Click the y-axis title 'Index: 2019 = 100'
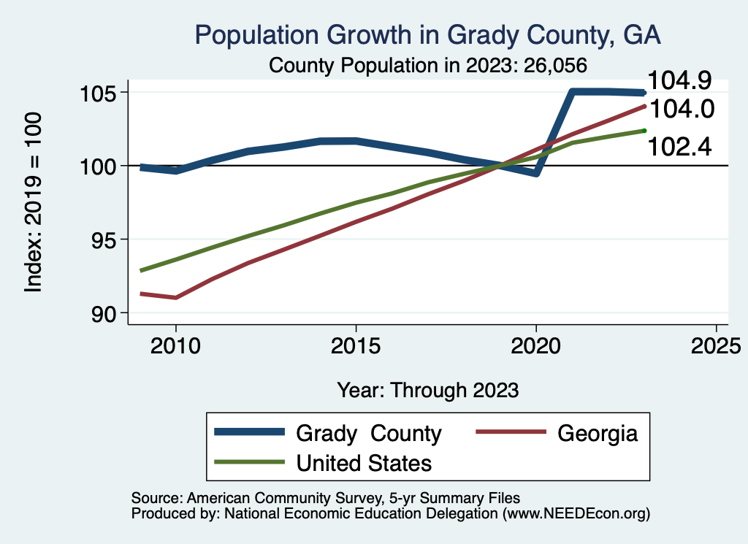click(34, 203)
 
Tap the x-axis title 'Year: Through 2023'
click(428, 390)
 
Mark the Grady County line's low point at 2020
click(536, 173)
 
